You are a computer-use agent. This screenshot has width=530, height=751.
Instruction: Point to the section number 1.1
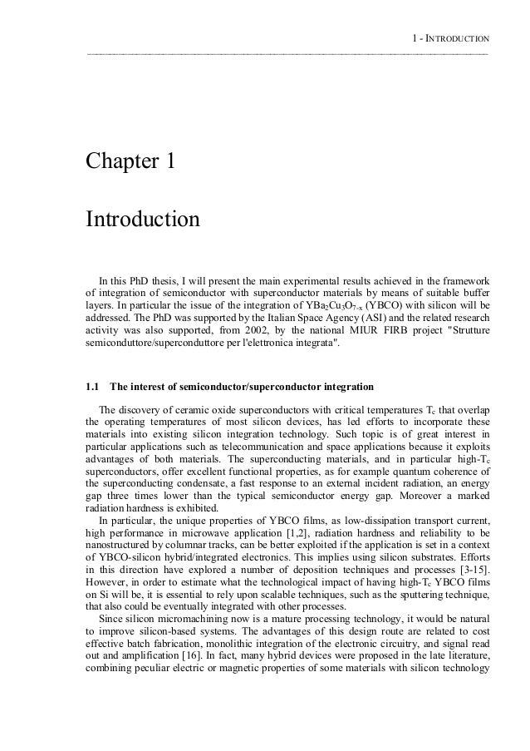[x=92, y=387]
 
